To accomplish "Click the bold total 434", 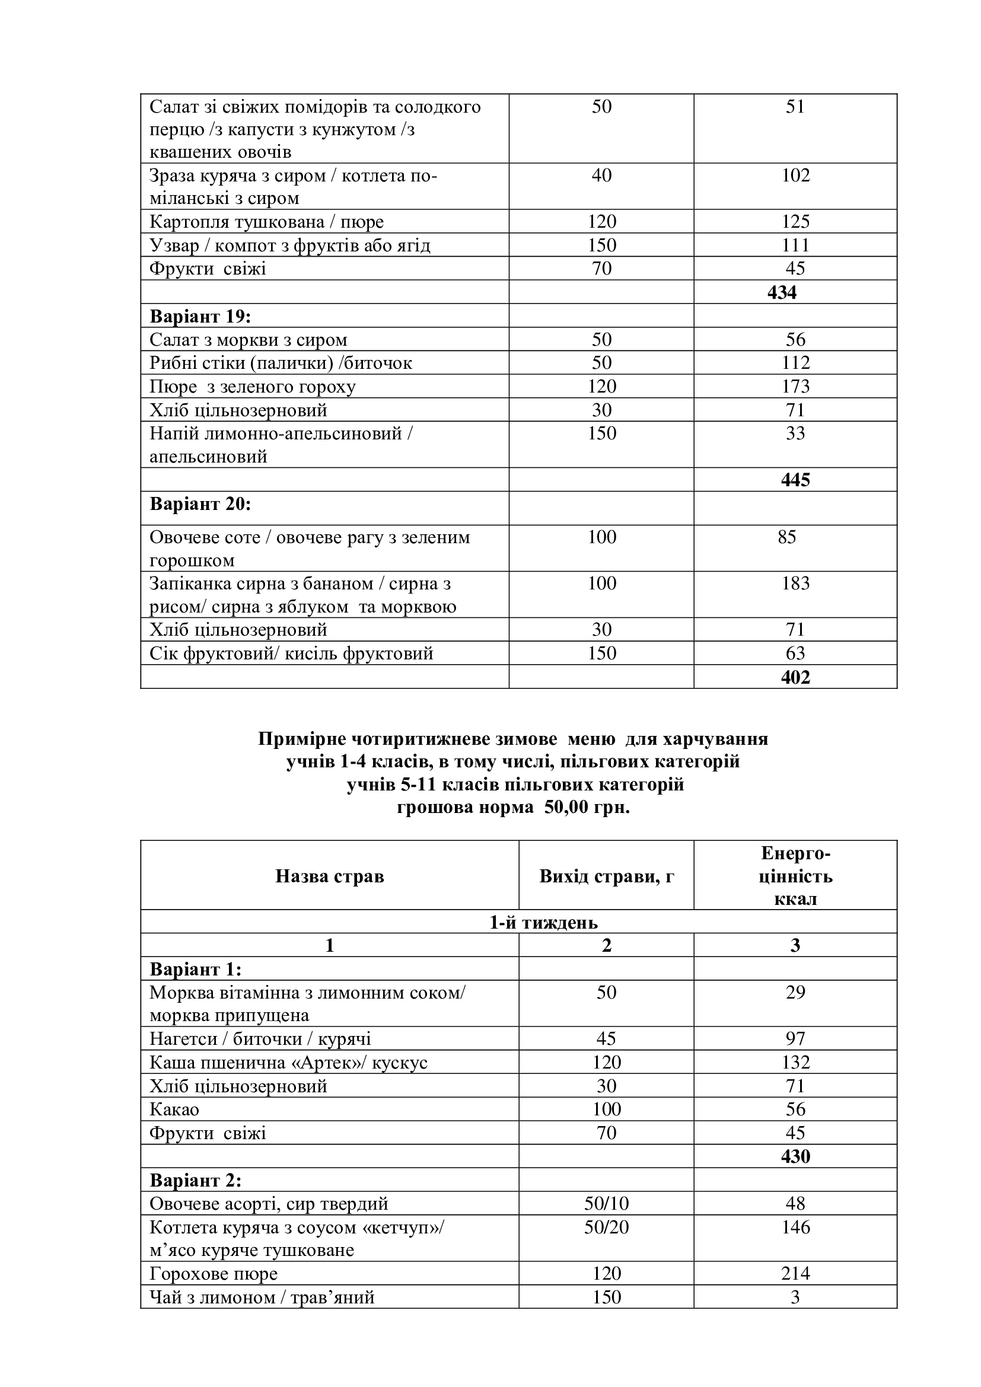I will coord(782,292).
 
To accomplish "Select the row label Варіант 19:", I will coord(200,316).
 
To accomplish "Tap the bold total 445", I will coord(795,480).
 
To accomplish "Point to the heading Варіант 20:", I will coord(200,504).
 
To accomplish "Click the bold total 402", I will coord(795,677).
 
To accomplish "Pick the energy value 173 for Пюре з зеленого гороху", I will coord(795,386).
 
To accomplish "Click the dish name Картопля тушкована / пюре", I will coord(266,222).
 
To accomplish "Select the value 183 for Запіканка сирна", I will coord(795,583).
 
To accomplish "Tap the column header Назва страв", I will coord(329,876).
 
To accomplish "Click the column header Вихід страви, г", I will coord(606,876).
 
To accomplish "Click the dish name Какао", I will coord(174,1109).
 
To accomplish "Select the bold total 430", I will coord(795,1156).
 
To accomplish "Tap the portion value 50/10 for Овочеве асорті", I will coord(606,1203).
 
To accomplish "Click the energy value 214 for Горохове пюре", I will coord(795,1273).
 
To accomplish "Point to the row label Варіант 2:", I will coord(195,1180).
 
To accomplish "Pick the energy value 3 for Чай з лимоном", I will coord(795,1297).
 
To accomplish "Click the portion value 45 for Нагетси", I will coord(606,1038).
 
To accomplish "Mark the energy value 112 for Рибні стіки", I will coord(795,362).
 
